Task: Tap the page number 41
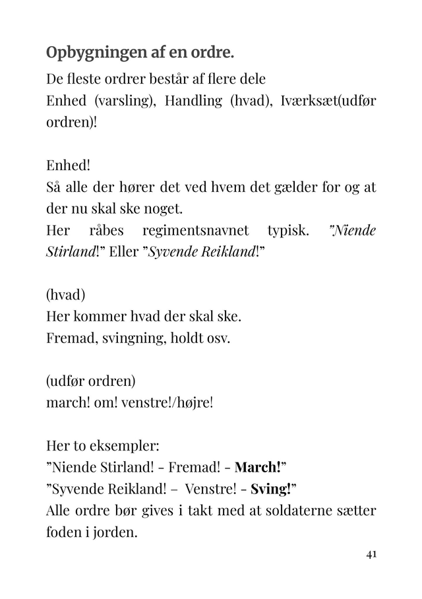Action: point(371,555)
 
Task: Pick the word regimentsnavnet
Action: point(195,230)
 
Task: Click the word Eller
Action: point(119,251)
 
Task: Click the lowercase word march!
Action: point(68,402)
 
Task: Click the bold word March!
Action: point(260,467)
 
